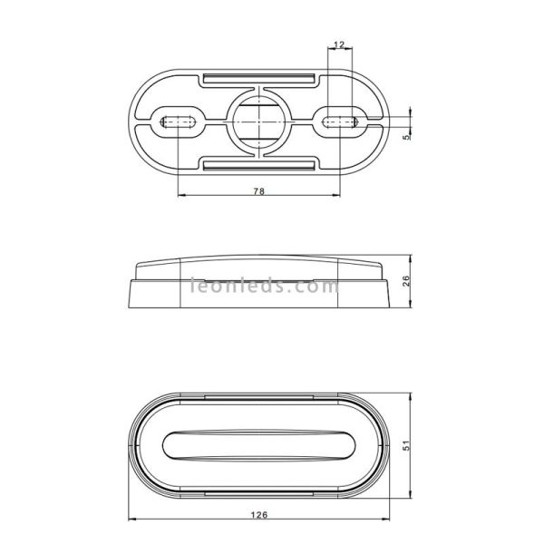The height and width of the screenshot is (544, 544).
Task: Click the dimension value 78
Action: [258, 191]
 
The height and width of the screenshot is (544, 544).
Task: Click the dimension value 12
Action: [338, 45]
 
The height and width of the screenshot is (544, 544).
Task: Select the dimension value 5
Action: [407, 138]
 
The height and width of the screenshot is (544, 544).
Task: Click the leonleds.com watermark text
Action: [263, 287]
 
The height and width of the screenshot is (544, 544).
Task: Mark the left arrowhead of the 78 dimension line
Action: [181, 196]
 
